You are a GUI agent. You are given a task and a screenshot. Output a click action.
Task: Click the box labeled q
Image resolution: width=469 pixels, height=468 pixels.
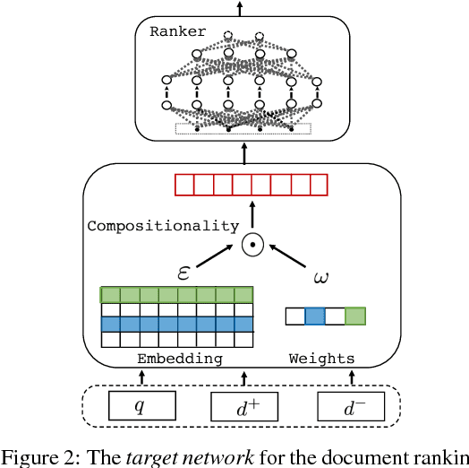pos(140,405)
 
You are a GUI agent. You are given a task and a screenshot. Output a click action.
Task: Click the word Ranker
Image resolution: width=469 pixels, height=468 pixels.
pos(177,31)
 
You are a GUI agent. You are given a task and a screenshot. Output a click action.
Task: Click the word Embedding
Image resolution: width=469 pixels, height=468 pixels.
pos(179,359)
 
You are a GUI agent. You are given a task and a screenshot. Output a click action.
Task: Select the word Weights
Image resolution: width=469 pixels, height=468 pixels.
pos(321,359)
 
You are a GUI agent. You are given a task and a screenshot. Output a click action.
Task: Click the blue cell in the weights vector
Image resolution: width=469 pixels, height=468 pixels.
pos(314,316)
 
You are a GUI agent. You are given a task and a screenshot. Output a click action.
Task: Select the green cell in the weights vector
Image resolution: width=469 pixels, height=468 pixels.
pos(355,316)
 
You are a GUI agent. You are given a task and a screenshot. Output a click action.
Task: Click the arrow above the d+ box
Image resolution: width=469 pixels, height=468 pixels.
pos(244,377)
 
